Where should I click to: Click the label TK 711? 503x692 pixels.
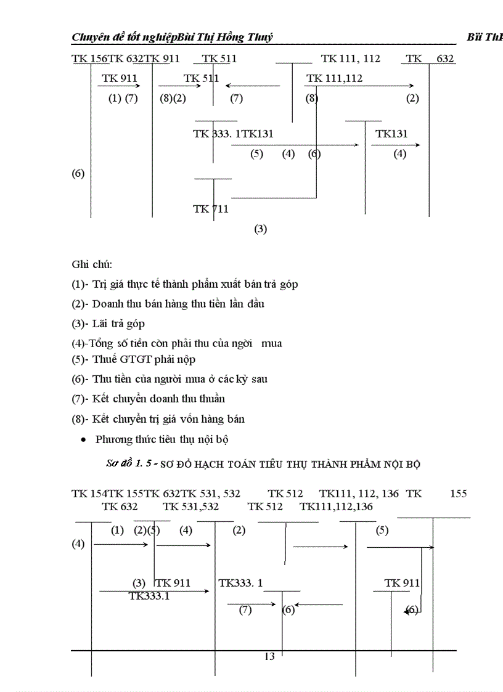(x=211, y=209)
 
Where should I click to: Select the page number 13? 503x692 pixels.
(x=269, y=656)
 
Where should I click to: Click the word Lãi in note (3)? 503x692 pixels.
(x=101, y=324)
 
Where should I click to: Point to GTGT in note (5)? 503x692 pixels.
(x=130, y=359)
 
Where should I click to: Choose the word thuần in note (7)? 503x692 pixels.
(x=210, y=399)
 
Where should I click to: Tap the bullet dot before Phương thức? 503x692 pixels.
(x=83, y=440)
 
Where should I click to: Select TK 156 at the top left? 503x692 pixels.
(x=90, y=59)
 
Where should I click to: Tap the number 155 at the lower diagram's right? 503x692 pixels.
(x=459, y=494)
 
